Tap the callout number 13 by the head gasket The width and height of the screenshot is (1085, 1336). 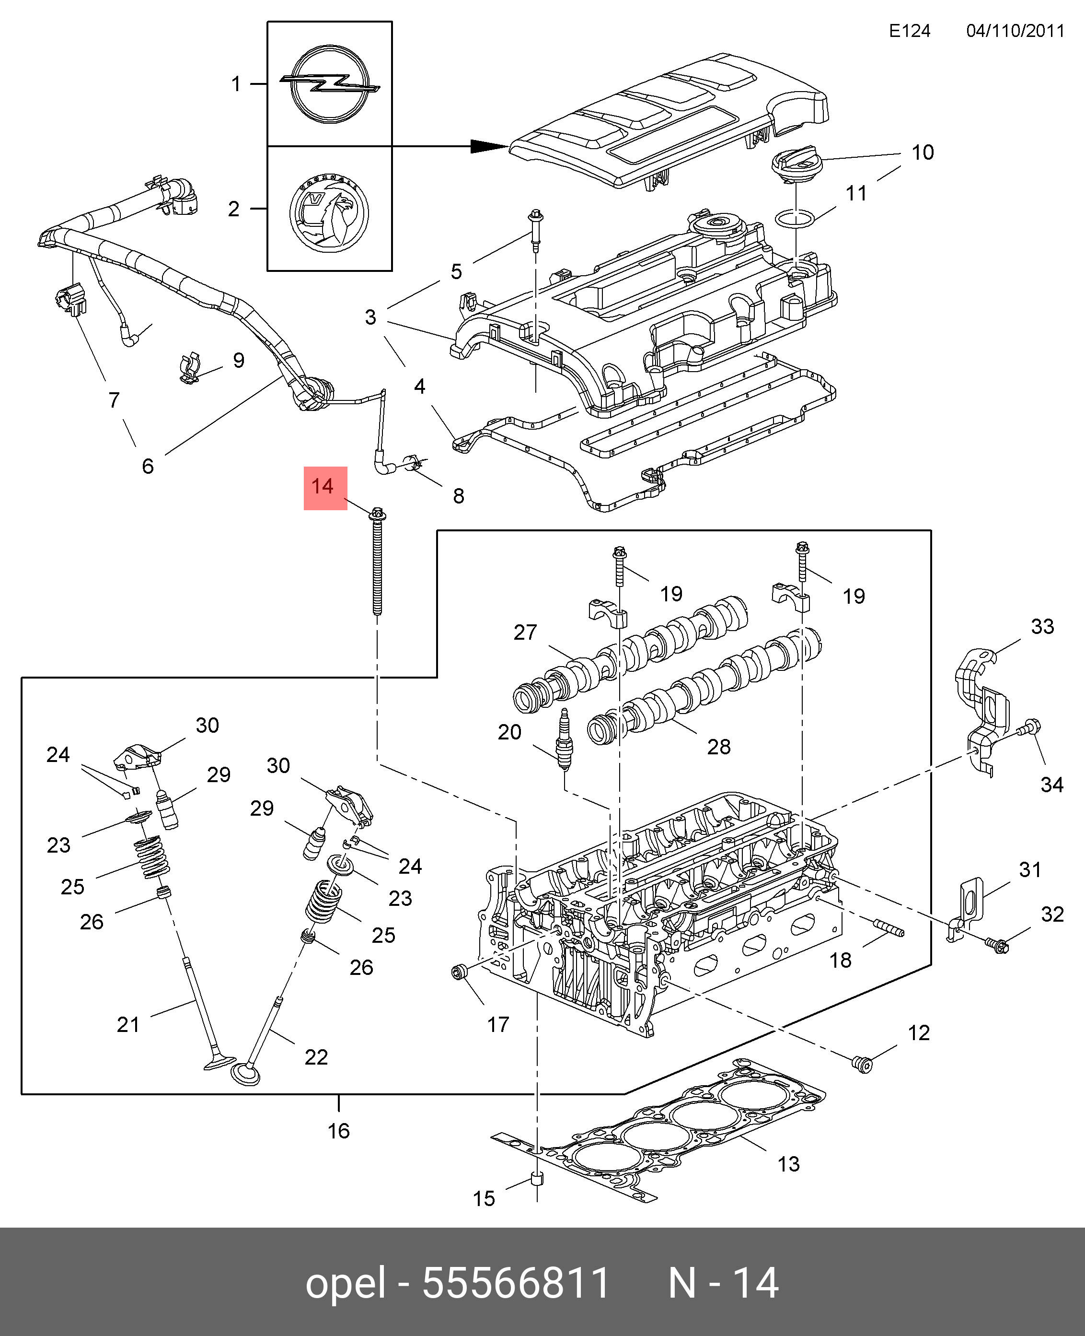[788, 1164]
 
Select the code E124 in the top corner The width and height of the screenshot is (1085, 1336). [910, 31]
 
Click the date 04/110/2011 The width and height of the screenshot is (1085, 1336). [1015, 31]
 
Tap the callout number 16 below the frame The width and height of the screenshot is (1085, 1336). [339, 1131]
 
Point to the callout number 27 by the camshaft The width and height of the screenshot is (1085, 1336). [525, 633]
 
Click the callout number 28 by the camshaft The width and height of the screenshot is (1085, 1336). [719, 746]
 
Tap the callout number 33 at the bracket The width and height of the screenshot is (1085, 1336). [1042, 627]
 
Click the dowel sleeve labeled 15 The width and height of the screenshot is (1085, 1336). [537, 1180]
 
